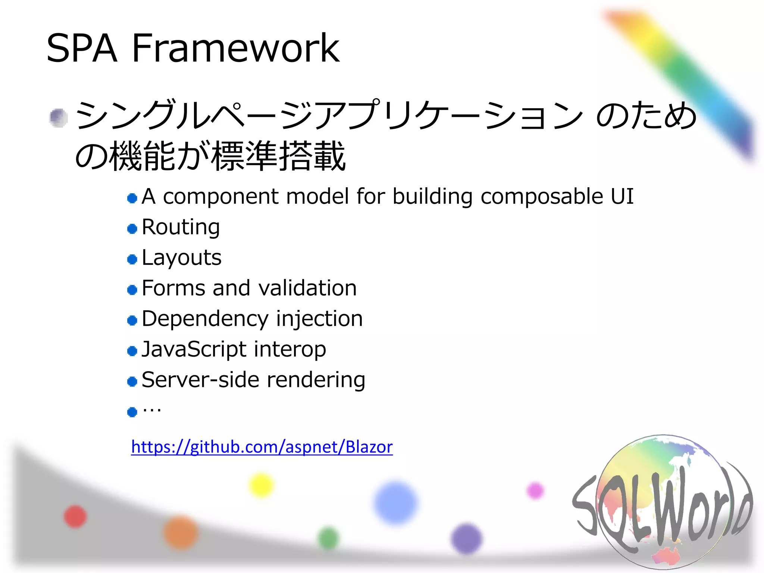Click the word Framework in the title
coord(235,48)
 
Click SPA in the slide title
coord(82,48)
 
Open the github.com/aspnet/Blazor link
coord(262,447)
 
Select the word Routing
coord(181,227)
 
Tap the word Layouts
coord(182,257)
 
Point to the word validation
coord(307,288)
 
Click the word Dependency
coord(205,319)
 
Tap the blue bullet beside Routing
coord(132,228)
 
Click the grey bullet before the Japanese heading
coord(59,118)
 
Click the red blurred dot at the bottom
coord(75,516)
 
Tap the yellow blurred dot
coord(261,485)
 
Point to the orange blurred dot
coord(181,533)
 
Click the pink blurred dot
coord(535,490)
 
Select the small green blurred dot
coord(328,538)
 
